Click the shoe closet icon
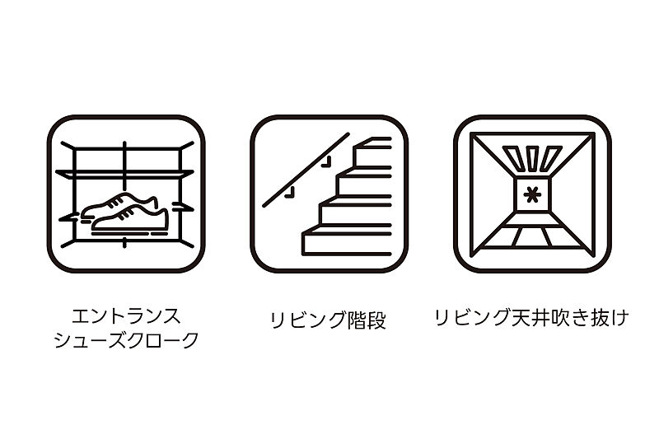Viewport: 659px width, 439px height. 126,194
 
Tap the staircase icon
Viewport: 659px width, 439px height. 329,194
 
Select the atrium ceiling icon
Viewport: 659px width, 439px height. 532,194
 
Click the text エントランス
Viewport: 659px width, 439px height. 126,316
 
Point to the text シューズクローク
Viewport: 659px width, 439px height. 126,340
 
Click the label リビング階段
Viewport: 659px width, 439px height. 328,320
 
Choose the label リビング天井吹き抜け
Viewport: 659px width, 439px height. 532,317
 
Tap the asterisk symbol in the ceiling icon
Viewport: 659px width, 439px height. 532,195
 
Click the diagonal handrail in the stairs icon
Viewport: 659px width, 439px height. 306,170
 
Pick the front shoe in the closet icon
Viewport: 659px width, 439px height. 130,219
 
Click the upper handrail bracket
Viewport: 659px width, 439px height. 326,162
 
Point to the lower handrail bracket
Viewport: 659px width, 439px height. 290,192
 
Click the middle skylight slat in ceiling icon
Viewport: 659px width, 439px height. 532,158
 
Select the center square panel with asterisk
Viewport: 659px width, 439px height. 532,195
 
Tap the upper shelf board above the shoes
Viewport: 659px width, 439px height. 125,173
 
